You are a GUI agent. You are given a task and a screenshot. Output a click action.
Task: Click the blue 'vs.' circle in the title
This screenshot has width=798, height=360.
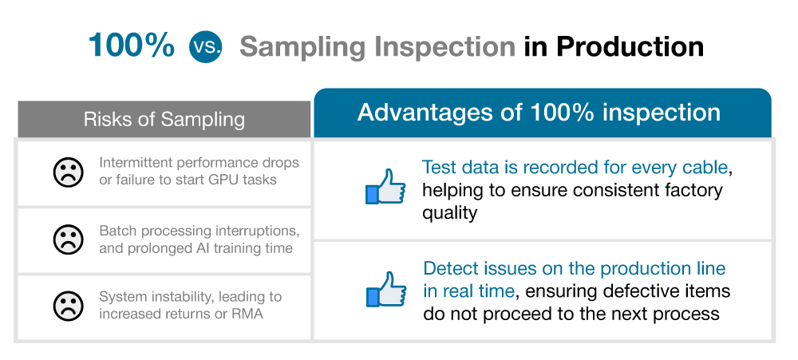[206, 46]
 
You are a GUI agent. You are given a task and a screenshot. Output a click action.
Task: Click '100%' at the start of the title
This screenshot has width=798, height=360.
[132, 45]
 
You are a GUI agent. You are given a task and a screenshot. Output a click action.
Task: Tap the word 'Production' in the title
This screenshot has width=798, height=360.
[630, 46]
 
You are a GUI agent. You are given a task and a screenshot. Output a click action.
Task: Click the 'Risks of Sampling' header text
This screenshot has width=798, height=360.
[164, 119]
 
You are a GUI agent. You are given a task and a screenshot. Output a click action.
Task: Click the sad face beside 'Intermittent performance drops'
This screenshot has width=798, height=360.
[68, 172]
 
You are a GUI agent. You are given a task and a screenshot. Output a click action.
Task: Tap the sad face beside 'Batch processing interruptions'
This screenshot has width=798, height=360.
[68, 239]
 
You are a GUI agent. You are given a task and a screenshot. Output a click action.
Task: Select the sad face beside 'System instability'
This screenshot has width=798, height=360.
[68, 306]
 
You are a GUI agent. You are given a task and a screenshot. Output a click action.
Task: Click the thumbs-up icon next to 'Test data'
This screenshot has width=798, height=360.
[385, 187]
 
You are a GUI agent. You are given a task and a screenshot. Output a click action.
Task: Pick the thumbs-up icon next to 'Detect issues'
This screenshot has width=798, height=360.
[385, 289]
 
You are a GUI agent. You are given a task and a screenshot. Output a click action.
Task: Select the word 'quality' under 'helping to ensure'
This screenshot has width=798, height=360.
[449, 212]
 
